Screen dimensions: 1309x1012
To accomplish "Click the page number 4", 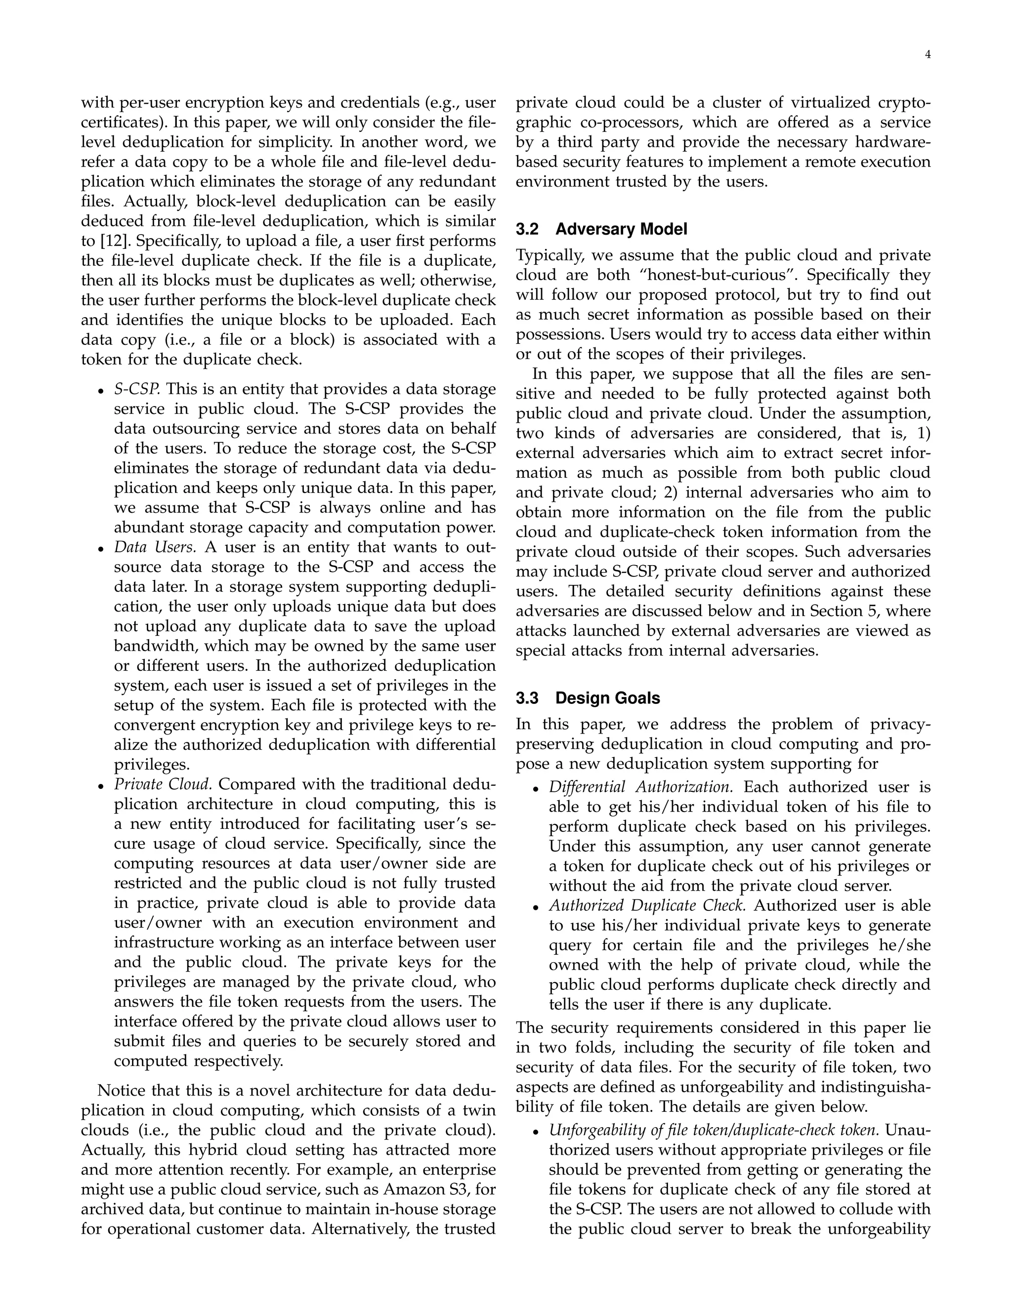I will click(928, 55).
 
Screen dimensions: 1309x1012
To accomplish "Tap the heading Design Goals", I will click(607, 698).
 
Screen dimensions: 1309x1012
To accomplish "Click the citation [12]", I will click(114, 242).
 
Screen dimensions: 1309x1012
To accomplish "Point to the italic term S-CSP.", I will click(137, 390).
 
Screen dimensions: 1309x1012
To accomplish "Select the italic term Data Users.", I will click(155, 548).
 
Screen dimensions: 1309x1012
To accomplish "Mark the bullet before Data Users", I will click(101, 549).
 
